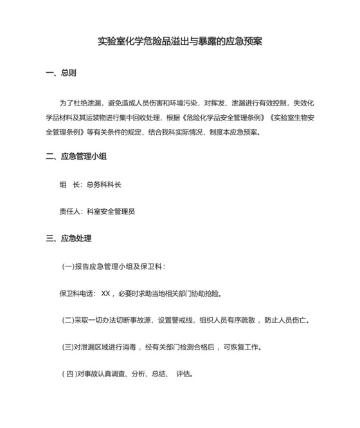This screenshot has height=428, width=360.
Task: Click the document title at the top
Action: click(179, 42)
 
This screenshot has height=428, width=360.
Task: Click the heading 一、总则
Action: click(61, 73)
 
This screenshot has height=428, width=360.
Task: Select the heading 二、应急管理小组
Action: click(76, 156)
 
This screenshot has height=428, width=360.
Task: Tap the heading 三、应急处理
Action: click(69, 239)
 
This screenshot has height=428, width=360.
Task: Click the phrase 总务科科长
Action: click(104, 185)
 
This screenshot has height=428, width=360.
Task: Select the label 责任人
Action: click(70, 211)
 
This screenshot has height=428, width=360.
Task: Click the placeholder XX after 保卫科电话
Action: click(107, 293)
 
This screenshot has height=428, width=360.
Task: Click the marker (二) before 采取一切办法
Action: click(68, 320)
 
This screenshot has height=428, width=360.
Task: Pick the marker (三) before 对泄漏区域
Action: click(68, 347)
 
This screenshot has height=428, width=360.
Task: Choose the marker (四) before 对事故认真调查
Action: click(69, 373)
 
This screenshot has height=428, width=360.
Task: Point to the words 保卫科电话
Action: click(78, 293)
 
